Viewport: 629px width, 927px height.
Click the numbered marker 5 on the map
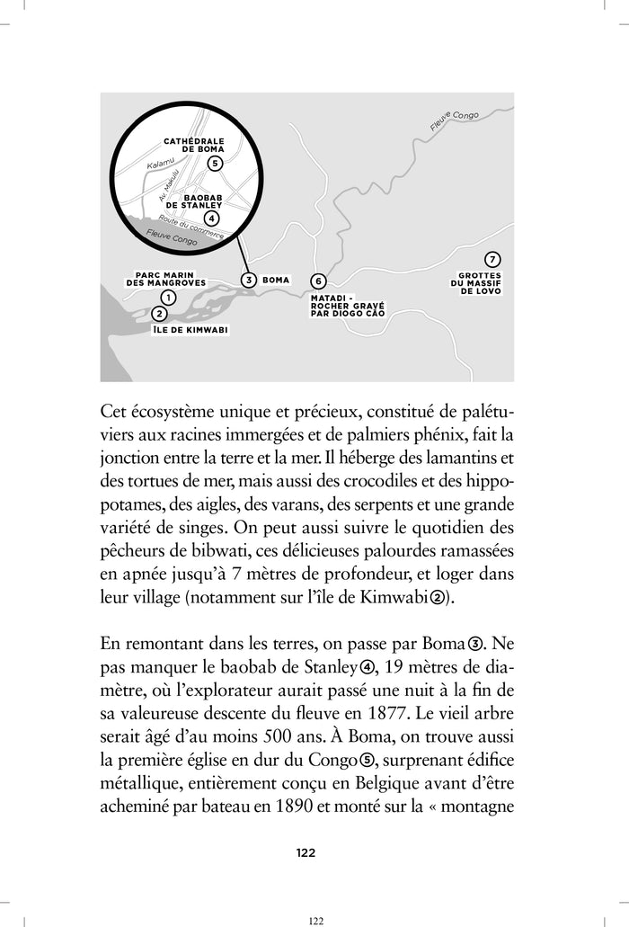click(x=214, y=163)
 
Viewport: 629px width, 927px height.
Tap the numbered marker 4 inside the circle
click(x=210, y=218)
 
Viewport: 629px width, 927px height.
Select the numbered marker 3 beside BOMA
click(x=249, y=280)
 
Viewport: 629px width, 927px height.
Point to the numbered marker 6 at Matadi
click(x=316, y=281)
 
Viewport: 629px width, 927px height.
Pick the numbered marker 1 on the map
click(x=167, y=297)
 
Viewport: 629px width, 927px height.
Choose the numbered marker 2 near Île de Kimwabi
click(x=159, y=314)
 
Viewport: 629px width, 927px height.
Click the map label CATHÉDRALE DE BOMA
click(x=194, y=145)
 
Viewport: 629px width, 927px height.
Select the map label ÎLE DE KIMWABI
click(x=190, y=330)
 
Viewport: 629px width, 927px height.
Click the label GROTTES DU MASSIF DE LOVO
click(x=479, y=283)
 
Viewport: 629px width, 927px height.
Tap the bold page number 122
click(x=306, y=852)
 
